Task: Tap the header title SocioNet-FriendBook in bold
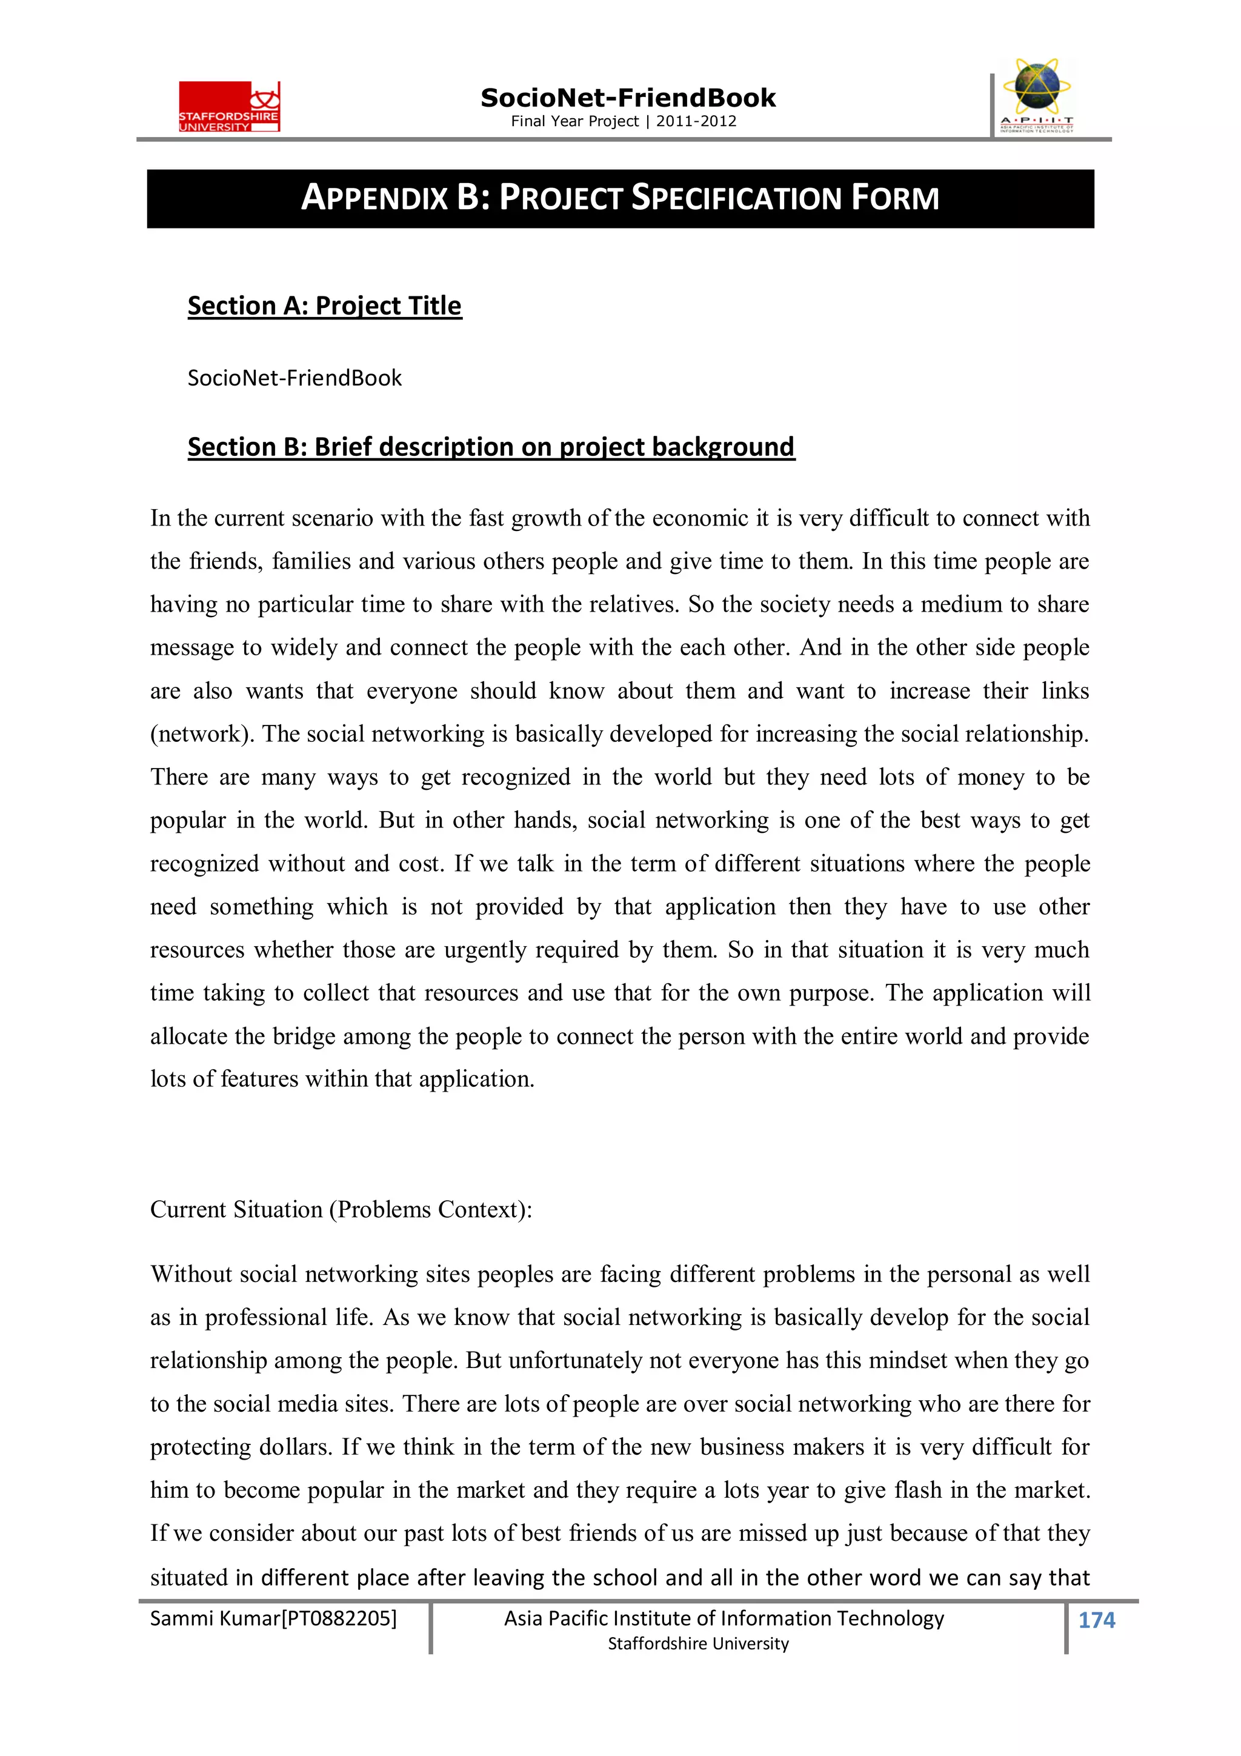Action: tap(627, 98)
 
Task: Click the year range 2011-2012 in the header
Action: tap(696, 121)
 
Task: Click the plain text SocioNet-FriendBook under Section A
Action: tap(294, 378)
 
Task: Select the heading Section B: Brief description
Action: tap(491, 447)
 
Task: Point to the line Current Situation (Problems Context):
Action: tap(341, 1209)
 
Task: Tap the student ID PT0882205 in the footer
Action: tap(339, 1618)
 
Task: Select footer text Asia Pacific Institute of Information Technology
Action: tap(724, 1618)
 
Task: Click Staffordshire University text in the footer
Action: tap(697, 1644)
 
